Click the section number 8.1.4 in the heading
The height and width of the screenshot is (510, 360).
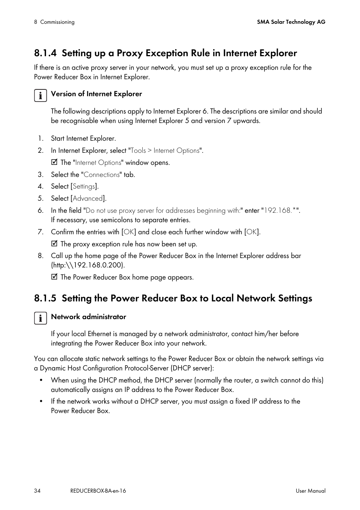pos(45,53)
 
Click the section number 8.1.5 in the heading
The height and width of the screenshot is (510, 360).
pos(45,298)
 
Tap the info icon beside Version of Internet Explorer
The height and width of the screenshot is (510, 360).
pos(40,95)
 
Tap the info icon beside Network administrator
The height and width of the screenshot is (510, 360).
pos(40,318)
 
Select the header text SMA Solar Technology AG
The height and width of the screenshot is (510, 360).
pos(291,22)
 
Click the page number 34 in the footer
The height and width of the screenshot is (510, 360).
pos(37,491)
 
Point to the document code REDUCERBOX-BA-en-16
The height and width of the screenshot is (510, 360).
pos(98,491)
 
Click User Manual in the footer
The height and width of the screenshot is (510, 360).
pos(310,491)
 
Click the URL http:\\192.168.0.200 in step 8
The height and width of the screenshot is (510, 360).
pos(88,265)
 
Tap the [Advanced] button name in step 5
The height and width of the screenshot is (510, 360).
pos(88,198)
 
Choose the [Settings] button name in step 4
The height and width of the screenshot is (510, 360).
pos(84,186)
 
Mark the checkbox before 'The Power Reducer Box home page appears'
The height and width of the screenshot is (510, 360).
pos(54,277)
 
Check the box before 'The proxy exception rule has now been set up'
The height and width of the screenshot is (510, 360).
pos(54,244)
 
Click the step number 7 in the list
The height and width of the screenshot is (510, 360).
pos(40,232)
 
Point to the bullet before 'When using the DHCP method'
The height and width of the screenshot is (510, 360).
pos(41,380)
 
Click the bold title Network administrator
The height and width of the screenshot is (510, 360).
pos(88,317)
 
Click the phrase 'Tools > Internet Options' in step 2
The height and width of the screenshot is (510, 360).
pos(165,151)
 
